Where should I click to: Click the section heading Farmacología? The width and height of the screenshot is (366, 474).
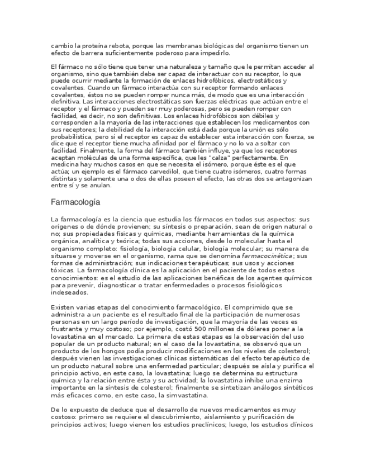pyautogui.click(x=75, y=202)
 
